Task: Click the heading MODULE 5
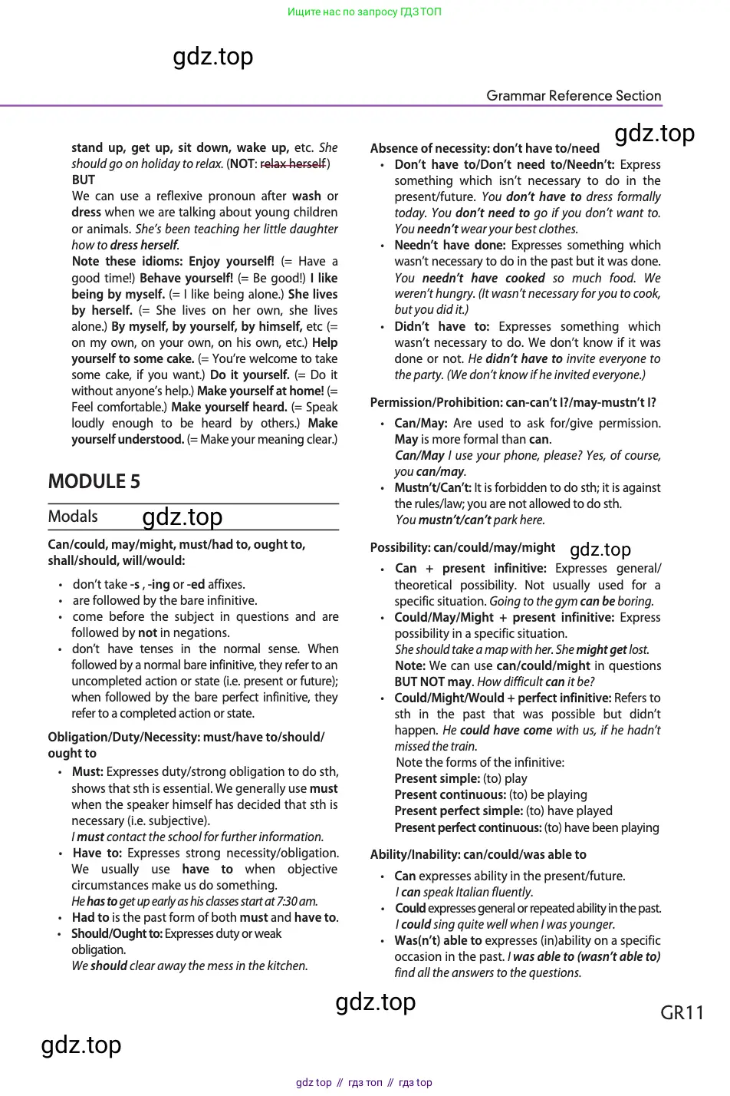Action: click(x=94, y=481)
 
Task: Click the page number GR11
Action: click(x=682, y=1012)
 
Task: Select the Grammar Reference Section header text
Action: click(x=574, y=96)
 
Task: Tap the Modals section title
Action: click(x=73, y=517)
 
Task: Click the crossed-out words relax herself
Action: click(x=293, y=163)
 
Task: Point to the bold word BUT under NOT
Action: click(x=83, y=180)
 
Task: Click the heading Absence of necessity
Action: click(x=485, y=148)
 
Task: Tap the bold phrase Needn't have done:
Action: click(x=449, y=245)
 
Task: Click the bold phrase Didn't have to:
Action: click(x=442, y=326)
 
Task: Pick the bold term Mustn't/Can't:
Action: click(x=432, y=487)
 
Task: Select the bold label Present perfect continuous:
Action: click(x=468, y=827)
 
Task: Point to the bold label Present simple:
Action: click(x=436, y=778)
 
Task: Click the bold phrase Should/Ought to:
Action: click(x=117, y=933)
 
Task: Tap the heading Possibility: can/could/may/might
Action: click(x=462, y=547)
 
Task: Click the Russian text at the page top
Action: click(x=364, y=12)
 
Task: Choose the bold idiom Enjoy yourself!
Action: click(x=231, y=261)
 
